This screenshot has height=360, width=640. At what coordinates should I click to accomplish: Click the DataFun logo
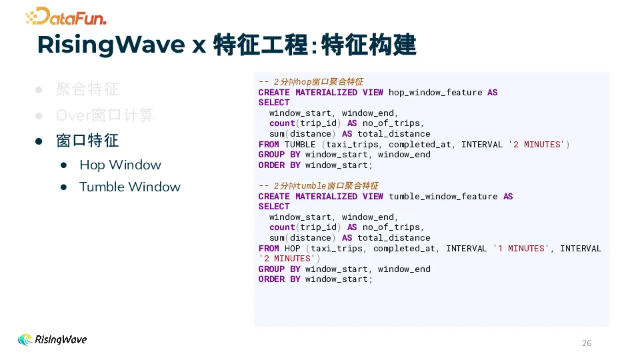pos(66,16)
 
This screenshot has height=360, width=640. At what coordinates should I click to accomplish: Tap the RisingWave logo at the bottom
pos(52,339)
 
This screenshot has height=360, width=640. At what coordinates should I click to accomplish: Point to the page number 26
pos(587,343)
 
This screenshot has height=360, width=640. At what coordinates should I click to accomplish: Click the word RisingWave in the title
pos(111,45)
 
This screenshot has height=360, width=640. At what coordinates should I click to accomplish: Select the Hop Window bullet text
pos(120,165)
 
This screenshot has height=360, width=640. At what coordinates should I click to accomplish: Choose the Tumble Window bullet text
pos(130,187)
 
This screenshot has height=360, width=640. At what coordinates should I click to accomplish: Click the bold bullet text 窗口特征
pos(87,141)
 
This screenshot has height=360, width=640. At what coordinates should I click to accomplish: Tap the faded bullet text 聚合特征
pos(87,89)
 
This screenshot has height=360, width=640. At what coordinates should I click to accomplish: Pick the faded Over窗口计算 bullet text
pos(105,115)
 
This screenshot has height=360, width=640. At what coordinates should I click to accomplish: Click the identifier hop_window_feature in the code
pos(435,93)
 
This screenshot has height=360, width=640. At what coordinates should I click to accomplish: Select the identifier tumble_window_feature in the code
pos(443,197)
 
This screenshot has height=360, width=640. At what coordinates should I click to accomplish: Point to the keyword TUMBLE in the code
pos(300,145)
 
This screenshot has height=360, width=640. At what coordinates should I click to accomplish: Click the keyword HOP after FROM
pos(292,249)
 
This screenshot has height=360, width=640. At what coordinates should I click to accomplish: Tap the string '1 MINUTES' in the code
pos(521,249)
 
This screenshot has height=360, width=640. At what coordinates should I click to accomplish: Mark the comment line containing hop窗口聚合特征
pos(311,81)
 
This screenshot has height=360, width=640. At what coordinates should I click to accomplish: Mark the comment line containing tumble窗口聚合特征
pos(319,186)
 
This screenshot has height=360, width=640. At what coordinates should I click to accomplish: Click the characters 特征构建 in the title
pos(369,45)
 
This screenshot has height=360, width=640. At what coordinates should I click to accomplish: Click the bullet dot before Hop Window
pos(64,165)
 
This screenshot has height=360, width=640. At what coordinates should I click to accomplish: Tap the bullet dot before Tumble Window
pos(64,187)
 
